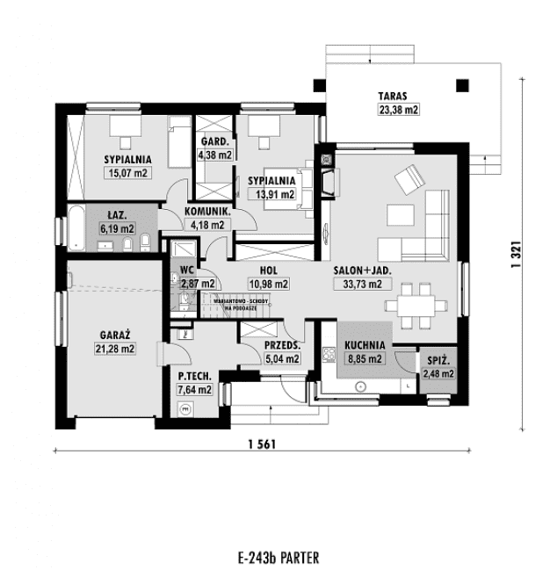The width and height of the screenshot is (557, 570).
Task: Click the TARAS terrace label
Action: tap(393, 96)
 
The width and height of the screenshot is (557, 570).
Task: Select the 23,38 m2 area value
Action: tap(398, 110)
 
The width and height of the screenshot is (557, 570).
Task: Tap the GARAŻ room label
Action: tap(115, 335)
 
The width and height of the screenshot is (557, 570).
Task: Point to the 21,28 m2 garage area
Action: tap(115, 349)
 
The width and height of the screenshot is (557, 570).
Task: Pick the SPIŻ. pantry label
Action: tap(438, 361)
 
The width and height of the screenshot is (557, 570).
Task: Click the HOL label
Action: tap(269, 271)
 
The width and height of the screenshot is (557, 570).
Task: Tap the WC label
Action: tap(186, 271)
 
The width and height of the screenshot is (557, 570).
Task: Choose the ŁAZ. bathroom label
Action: tap(116, 215)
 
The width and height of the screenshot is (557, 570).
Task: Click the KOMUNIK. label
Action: tap(208, 213)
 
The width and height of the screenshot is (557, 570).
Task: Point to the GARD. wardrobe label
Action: tap(215, 141)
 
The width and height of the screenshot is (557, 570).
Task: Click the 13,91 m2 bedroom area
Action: tap(275, 194)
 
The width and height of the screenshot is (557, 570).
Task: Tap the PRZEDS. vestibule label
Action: tap(282, 346)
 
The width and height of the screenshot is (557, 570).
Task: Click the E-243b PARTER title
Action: tap(278, 558)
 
